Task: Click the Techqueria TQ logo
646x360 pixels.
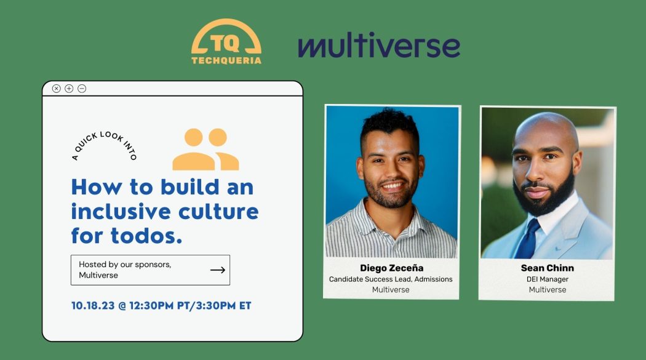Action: click(226, 42)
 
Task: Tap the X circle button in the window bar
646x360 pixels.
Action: click(57, 89)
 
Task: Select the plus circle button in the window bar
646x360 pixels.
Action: click(69, 89)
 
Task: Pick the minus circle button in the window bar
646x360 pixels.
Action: click(82, 89)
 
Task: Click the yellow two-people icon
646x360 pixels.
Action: click(205, 149)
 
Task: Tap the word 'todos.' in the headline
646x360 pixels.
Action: click(146, 236)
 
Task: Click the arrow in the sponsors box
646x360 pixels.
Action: click(218, 270)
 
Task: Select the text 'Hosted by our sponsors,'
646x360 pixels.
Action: click(125, 265)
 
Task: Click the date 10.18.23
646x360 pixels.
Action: click(93, 306)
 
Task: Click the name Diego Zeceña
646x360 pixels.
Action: click(391, 268)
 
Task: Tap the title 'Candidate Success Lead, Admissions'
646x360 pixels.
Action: click(391, 279)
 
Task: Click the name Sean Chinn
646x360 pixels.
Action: click(547, 268)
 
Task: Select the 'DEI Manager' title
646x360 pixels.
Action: click(547, 279)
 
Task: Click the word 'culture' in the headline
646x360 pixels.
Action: click(218, 211)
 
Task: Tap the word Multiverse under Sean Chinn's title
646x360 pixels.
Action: click(547, 290)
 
